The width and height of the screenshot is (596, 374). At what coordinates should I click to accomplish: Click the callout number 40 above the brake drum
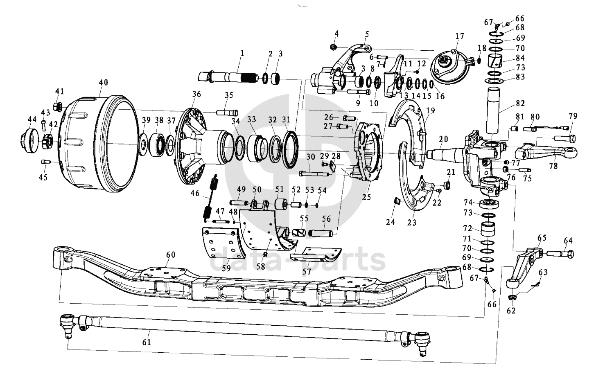pos(104,83)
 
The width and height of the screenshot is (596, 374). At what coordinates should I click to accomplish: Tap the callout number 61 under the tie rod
pos(147,342)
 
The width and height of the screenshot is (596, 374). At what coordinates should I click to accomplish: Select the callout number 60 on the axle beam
pos(171,255)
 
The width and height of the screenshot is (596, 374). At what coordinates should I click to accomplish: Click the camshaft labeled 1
pos(228,77)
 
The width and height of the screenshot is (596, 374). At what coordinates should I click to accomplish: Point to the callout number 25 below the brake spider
pos(366,197)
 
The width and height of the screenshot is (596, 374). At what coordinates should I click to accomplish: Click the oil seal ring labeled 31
pos(291,149)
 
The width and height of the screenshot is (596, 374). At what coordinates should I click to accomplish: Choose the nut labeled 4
pos(333,47)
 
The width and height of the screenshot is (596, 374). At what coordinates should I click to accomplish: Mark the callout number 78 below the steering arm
pos(553,166)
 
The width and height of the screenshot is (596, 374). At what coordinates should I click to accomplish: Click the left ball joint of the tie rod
pos(66,324)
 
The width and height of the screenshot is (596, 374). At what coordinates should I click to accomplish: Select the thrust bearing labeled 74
pos(489,204)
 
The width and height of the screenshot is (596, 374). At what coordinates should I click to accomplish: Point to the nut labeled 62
pos(511,297)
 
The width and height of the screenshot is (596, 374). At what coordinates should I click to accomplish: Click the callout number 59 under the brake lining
pos(226,268)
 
